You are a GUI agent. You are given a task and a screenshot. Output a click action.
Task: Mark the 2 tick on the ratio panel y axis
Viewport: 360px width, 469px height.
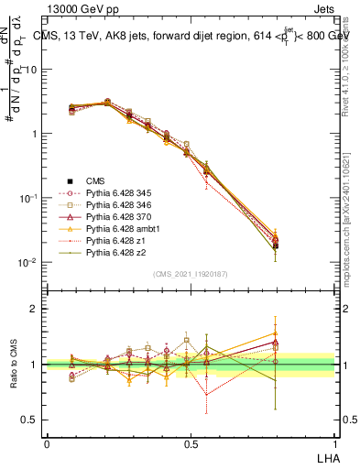pyautogui.click(x=35, y=310)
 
